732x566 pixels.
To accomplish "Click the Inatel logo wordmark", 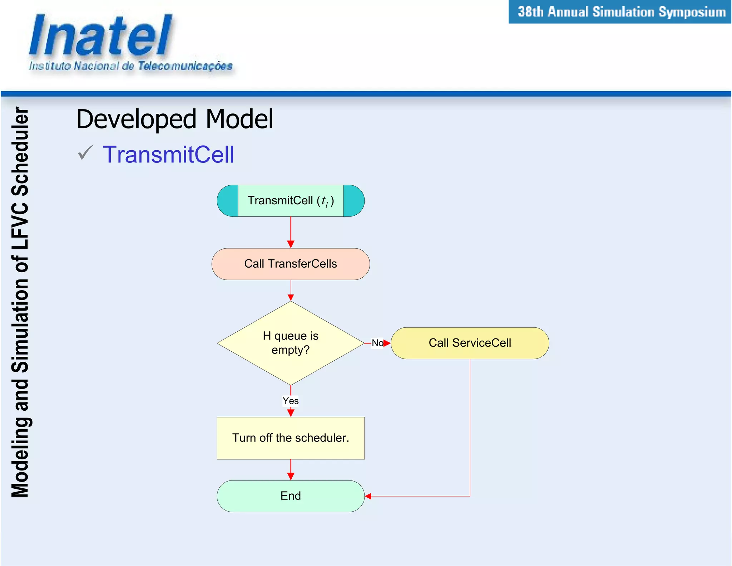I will coord(100,36).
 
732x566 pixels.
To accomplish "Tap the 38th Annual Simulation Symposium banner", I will coord(620,12).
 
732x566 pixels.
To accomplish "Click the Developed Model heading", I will coord(174,119).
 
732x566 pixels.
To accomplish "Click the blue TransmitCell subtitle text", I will coord(168,155).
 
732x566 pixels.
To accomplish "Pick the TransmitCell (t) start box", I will coord(290,201).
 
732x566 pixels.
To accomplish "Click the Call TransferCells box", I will coord(290,264).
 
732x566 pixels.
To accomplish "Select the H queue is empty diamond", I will coord(290,343).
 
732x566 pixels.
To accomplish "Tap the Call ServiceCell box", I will coord(470,343).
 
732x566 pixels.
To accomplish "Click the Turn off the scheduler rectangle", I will coord(290,438).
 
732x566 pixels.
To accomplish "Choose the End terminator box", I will coord(290,496).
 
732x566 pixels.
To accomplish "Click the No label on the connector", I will coord(377,343).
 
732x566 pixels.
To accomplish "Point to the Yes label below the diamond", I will coord(290,401).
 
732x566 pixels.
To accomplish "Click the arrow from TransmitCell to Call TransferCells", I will coord(291,233).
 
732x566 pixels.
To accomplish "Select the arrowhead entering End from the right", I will coord(368,496).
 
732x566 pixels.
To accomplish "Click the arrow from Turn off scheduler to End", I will coord(291,469).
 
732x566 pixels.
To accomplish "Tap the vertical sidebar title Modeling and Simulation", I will coord(20,302).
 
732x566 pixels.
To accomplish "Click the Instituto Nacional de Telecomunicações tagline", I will coord(130,66).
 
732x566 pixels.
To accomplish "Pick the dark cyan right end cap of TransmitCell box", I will coord(354,201).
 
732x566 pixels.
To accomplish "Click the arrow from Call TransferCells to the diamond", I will coord(291,291).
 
